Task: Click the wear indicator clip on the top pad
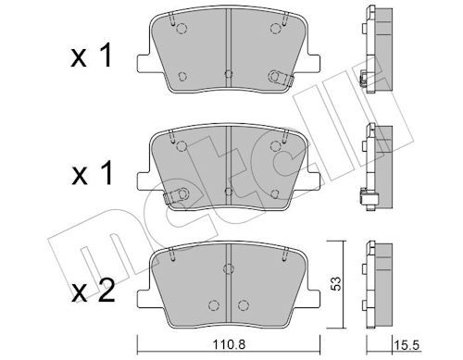[278, 78]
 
